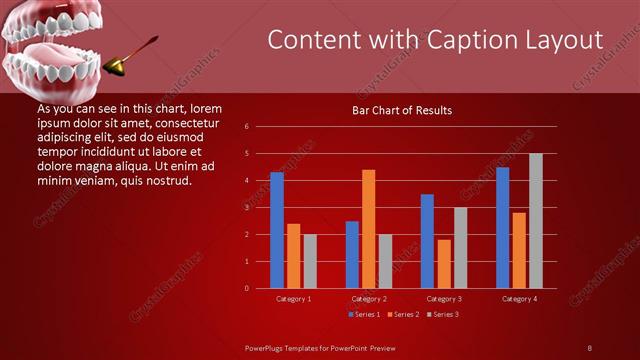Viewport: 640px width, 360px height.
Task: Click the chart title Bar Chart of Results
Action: (x=402, y=110)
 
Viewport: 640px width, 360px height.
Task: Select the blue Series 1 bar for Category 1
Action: (x=277, y=230)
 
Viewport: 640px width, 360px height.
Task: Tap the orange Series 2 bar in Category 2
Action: (x=368, y=229)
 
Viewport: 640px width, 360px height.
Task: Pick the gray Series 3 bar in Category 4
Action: (x=535, y=221)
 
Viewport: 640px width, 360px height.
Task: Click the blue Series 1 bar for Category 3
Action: (x=427, y=241)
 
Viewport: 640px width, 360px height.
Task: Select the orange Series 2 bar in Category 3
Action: (x=443, y=264)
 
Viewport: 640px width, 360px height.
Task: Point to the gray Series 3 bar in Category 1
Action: (x=309, y=261)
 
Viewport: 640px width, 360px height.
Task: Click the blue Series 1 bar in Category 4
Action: (x=502, y=227)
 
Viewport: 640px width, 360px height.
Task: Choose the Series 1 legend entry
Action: (x=363, y=314)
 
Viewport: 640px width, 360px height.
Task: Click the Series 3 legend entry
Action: (x=442, y=314)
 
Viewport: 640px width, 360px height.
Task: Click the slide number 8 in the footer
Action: (x=589, y=347)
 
